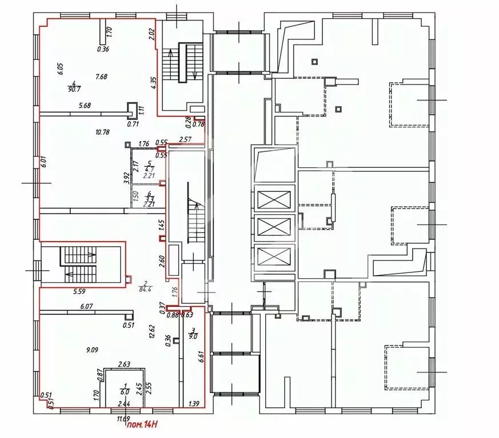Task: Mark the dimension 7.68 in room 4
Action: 102,77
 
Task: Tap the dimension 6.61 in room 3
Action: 201,360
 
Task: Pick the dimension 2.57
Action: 185,139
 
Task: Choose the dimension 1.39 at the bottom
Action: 194,404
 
